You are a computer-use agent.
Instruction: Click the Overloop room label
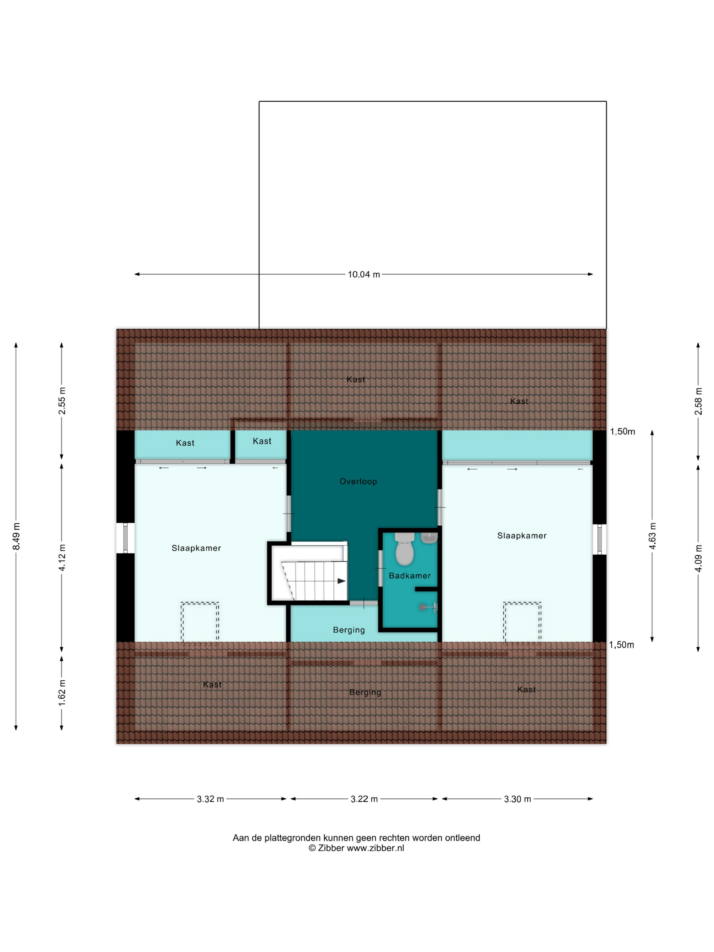pyautogui.click(x=358, y=481)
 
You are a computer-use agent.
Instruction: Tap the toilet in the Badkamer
pyautogui.click(x=404, y=549)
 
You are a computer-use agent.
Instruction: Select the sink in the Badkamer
pyautogui.click(x=429, y=538)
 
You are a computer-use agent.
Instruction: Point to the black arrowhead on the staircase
pyautogui.click(x=341, y=581)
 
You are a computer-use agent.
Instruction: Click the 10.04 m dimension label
pyautogui.click(x=364, y=275)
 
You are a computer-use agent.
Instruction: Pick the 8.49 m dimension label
pyautogui.click(x=16, y=536)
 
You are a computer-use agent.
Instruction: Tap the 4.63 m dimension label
pyautogui.click(x=652, y=536)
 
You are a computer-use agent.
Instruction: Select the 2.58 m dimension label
pyautogui.click(x=698, y=401)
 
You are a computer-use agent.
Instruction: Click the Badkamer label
pyautogui.click(x=410, y=576)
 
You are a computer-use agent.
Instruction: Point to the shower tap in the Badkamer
pyautogui.click(x=429, y=607)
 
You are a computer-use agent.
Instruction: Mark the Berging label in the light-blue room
pyautogui.click(x=349, y=630)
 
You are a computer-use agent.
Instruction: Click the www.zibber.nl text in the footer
pyautogui.click(x=375, y=848)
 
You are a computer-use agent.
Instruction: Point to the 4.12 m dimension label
pyautogui.click(x=62, y=557)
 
